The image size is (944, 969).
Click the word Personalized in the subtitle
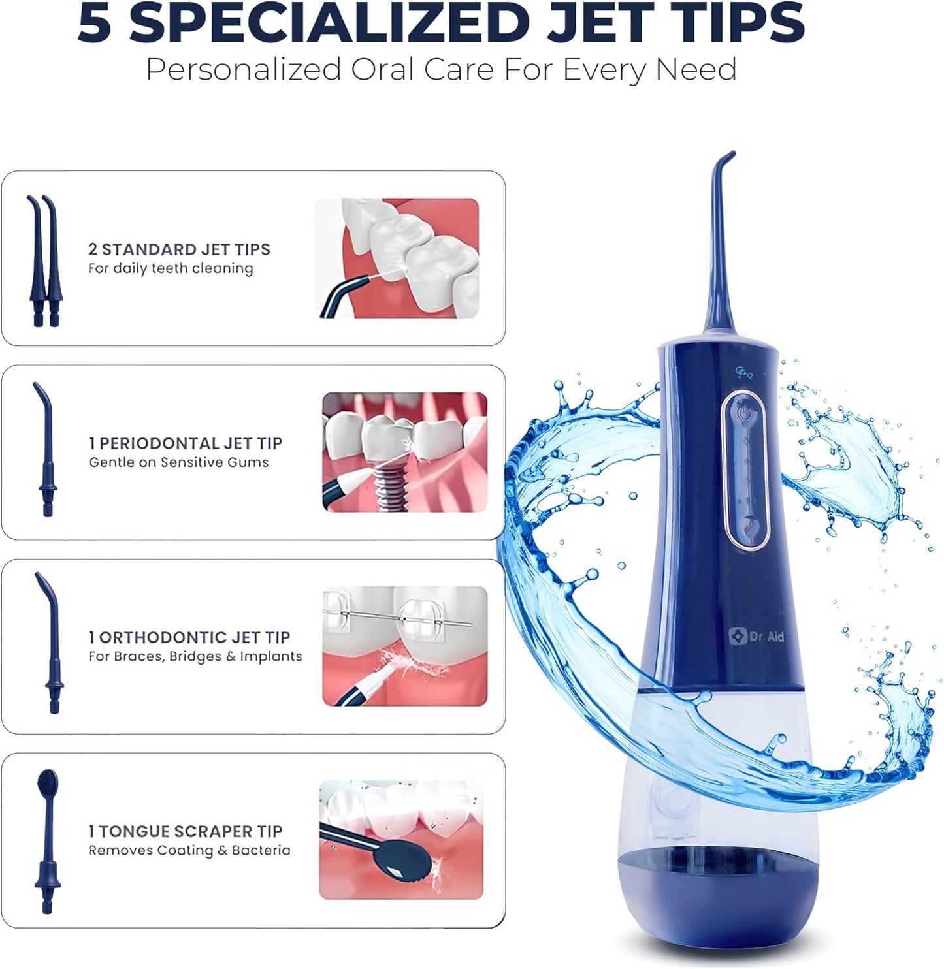click(243, 69)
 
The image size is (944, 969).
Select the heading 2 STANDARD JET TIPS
click(179, 249)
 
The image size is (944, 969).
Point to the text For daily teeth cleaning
click(171, 268)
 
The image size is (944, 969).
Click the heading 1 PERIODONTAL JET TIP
click(186, 443)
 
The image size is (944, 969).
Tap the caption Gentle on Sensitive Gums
click(178, 462)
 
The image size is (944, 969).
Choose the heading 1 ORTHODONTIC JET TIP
click(189, 637)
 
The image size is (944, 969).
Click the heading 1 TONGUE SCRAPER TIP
click(186, 831)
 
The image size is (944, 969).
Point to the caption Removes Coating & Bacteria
click(189, 850)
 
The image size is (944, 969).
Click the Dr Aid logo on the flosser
click(757, 636)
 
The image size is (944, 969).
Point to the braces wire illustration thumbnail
click(405, 646)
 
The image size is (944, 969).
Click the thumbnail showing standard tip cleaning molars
click(397, 258)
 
